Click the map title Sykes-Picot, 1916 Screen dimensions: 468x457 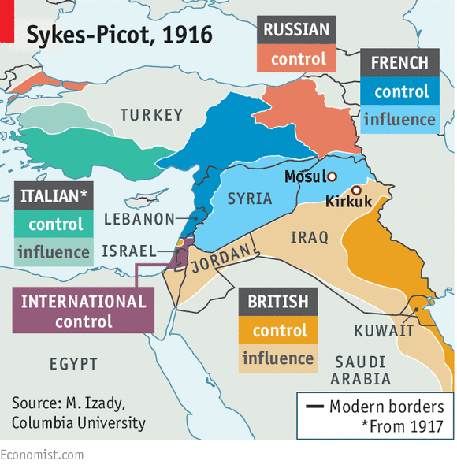click(x=118, y=35)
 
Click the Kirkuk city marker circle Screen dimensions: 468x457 click(x=356, y=190)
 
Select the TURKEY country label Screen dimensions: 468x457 click(x=151, y=116)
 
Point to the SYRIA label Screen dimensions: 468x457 click(x=250, y=199)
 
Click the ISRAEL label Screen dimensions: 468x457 click(x=129, y=251)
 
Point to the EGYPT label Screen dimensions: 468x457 click(x=73, y=364)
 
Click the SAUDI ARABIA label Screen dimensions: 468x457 click(x=362, y=370)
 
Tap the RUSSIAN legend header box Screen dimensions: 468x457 click(x=296, y=31)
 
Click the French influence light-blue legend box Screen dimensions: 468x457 click(x=399, y=120)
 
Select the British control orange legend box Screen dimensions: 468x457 click(x=278, y=331)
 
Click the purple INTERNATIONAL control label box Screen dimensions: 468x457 click(x=84, y=311)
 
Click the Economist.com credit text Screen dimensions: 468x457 click(x=41, y=455)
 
